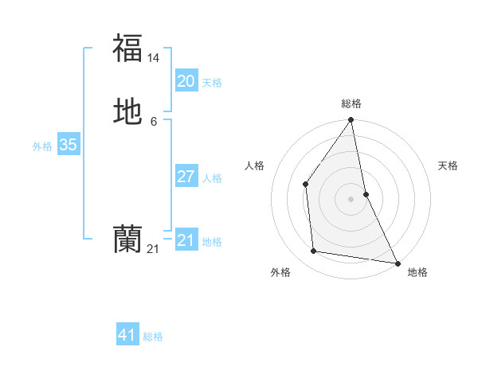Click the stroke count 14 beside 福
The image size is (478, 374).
pyautogui.click(x=154, y=58)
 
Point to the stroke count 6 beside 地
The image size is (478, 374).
pyautogui.click(x=154, y=122)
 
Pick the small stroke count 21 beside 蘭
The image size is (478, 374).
pyautogui.click(x=153, y=249)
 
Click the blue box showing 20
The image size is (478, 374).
pyautogui.click(x=186, y=80)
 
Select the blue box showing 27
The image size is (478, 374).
pyautogui.click(x=186, y=176)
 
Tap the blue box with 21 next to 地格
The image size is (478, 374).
pyautogui.click(x=186, y=240)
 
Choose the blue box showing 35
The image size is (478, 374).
pyautogui.click(x=68, y=145)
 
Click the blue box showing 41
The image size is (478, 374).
pyautogui.click(x=127, y=335)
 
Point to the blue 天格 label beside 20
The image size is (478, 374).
pyautogui.click(x=212, y=83)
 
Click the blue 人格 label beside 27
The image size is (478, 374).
pyautogui.click(x=212, y=178)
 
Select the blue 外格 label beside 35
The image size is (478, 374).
pyautogui.click(x=42, y=146)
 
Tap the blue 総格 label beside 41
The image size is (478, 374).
pyautogui.click(x=153, y=337)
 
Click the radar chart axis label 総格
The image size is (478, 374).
pyautogui.click(x=351, y=103)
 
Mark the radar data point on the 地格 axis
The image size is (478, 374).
pyautogui.click(x=397, y=262)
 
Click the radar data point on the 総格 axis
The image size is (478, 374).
pyautogui.click(x=351, y=120)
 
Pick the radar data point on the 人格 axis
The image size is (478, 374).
pyautogui.click(x=306, y=184)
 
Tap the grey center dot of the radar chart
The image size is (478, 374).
pyautogui.click(x=351, y=198)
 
